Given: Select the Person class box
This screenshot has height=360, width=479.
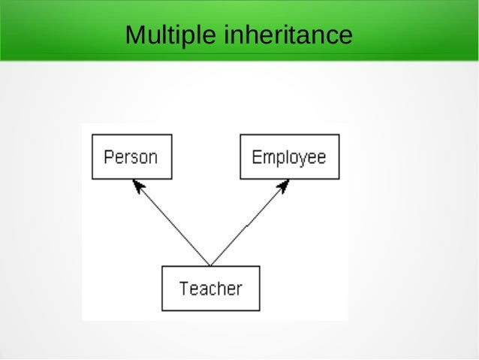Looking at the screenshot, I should click(131, 156).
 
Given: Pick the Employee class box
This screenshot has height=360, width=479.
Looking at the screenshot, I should click(289, 156).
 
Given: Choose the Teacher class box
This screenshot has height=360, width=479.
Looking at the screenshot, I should click(211, 288).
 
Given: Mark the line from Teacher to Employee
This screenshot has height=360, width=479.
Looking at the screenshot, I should click(249, 223).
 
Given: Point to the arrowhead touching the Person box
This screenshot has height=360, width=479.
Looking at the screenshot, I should click(137, 184).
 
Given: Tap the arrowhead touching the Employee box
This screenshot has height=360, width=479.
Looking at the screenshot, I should click(284, 185).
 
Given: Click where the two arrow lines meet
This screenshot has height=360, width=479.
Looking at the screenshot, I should click(211, 265).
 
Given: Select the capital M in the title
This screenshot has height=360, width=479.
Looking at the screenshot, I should click(135, 35).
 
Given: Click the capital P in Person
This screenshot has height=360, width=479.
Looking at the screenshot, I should click(108, 157).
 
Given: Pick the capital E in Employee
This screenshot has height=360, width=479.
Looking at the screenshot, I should click(256, 157).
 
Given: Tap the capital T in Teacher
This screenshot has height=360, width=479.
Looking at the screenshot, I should click(184, 288).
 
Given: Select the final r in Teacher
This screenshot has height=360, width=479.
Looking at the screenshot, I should click(239, 289).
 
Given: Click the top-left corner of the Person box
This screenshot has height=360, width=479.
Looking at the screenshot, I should click(92, 135).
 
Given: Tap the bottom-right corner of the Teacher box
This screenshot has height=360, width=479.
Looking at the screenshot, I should click(260, 310).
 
